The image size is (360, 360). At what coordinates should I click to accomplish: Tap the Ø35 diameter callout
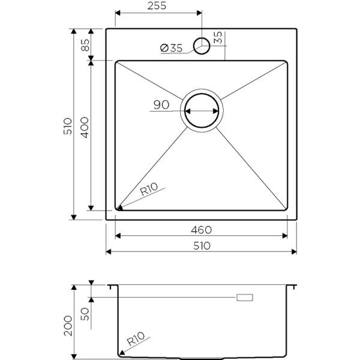(x=172, y=49)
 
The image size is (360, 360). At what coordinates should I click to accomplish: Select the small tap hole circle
(x=202, y=45)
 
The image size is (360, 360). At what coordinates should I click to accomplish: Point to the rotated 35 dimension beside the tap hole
(x=217, y=37)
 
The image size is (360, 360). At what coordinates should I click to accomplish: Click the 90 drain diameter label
(x=160, y=105)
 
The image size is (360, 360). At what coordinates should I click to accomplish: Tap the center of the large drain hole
(x=202, y=112)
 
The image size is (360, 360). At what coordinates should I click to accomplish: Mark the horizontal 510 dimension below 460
(x=202, y=245)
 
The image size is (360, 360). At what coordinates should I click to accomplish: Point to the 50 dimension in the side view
(x=85, y=314)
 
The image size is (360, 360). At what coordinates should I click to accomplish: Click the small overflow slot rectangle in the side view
(x=245, y=297)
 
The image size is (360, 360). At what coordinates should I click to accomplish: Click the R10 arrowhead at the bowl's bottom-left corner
(x=119, y=208)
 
